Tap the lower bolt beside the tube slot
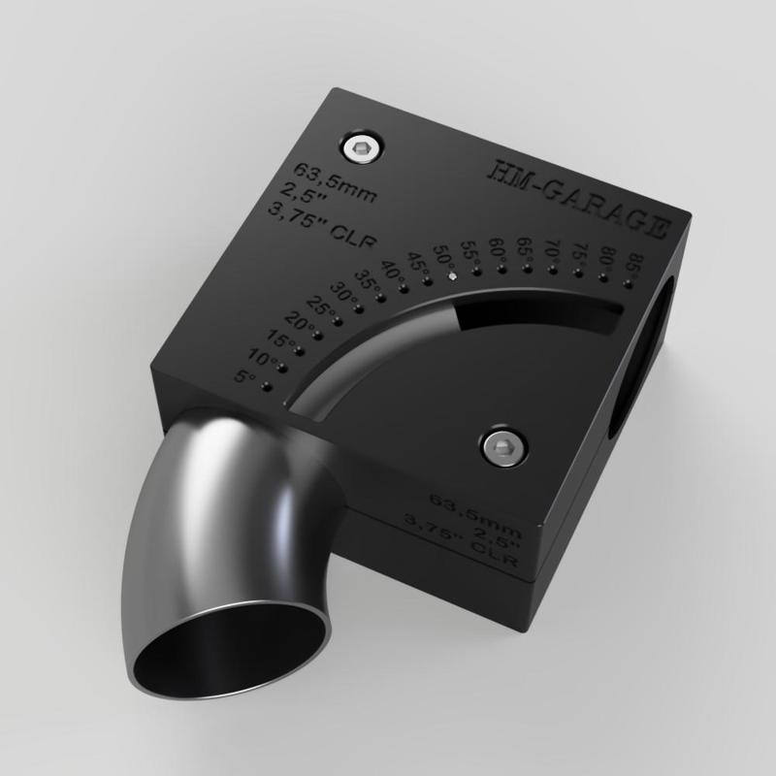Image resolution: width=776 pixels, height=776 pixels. (x=501, y=446)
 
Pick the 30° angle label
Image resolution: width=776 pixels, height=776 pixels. (x=342, y=290)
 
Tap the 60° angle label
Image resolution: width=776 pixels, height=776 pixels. (x=498, y=247)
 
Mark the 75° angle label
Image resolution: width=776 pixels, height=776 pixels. (x=579, y=251)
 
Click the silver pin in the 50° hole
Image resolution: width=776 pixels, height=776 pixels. (x=452, y=275)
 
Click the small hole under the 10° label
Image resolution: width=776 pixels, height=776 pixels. (x=275, y=368)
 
